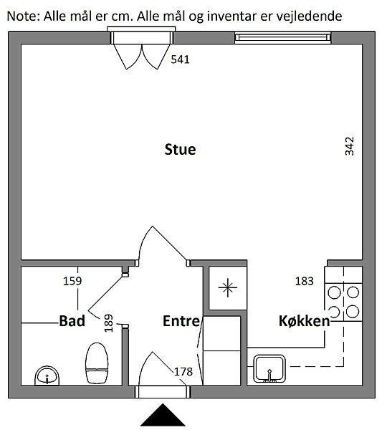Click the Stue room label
click(180, 150)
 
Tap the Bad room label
click(72, 321)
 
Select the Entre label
click(181, 321)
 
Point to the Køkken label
click(304, 321)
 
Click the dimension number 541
click(180, 59)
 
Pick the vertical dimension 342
click(350, 146)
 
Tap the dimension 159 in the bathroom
click(72, 281)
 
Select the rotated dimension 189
click(109, 323)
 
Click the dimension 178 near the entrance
click(183, 372)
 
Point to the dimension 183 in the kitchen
click(304, 281)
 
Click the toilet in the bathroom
click(97, 363)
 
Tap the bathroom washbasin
click(47, 376)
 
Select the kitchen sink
click(269, 369)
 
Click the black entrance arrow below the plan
click(163, 415)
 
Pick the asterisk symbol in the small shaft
click(228, 287)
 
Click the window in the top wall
click(283, 37)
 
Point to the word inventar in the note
click(232, 16)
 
